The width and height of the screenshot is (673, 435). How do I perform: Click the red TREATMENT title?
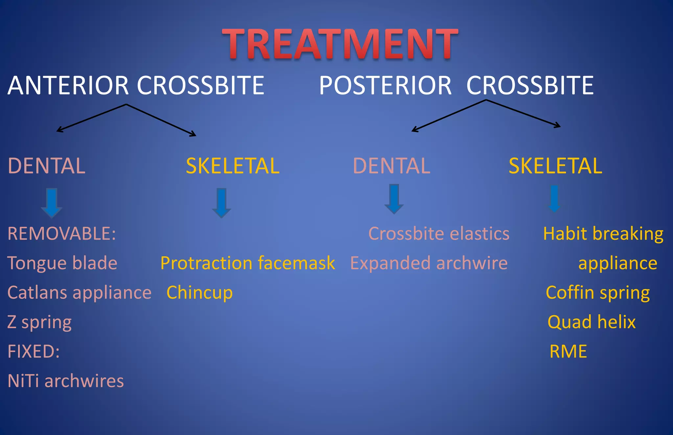tap(340, 44)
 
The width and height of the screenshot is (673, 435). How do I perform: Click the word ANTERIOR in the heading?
tap(68, 85)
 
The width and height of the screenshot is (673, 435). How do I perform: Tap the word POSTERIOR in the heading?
tap(385, 85)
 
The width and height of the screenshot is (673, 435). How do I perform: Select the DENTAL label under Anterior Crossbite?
tap(46, 166)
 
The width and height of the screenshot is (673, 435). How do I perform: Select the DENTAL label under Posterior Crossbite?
tap(391, 166)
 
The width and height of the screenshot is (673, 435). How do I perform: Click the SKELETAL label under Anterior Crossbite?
tap(233, 166)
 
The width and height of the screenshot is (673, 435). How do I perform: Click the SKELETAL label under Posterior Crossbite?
tap(555, 166)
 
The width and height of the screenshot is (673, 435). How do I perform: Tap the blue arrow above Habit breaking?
tap(554, 199)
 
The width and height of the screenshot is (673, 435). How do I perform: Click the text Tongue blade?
tap(62, 263)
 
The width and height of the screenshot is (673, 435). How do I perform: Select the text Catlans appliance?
tap(79, 293)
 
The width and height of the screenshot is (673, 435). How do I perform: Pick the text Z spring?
tap(39, 322)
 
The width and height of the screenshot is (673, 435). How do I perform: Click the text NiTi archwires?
tap(65, 381)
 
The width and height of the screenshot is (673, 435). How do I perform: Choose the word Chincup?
tap(199, 293)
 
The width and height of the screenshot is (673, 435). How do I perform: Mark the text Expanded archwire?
tap(429, 263)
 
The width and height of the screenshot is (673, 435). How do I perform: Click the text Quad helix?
tap(592, 322)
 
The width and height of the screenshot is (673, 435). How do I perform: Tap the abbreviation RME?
tap(568, 351)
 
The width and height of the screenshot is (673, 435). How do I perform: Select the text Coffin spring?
tap(598, 293)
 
